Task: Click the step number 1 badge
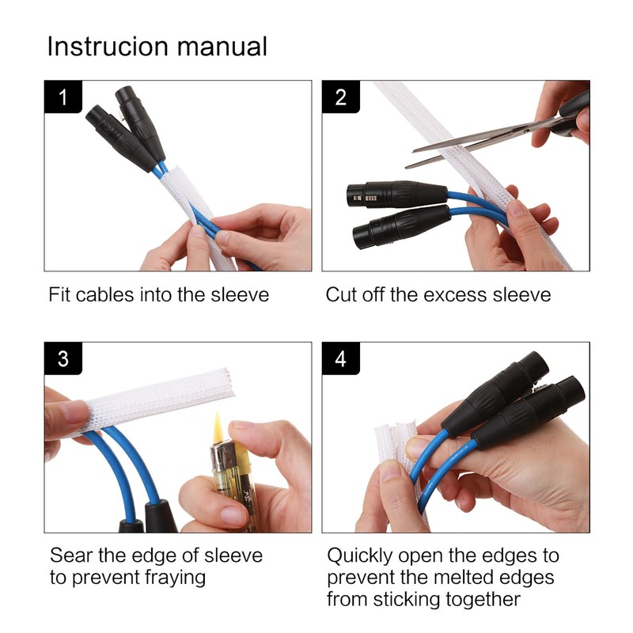(63, 97)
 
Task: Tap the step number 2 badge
(341, 97)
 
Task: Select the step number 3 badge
(63, 358)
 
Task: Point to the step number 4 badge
(341, 358)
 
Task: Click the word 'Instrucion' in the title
(108, 46)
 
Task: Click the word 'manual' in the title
(222, 46)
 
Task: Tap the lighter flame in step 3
(218, 426)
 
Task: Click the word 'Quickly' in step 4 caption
(359, 556)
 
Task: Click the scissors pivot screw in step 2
(526, 131)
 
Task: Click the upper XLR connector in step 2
(397, 195)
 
